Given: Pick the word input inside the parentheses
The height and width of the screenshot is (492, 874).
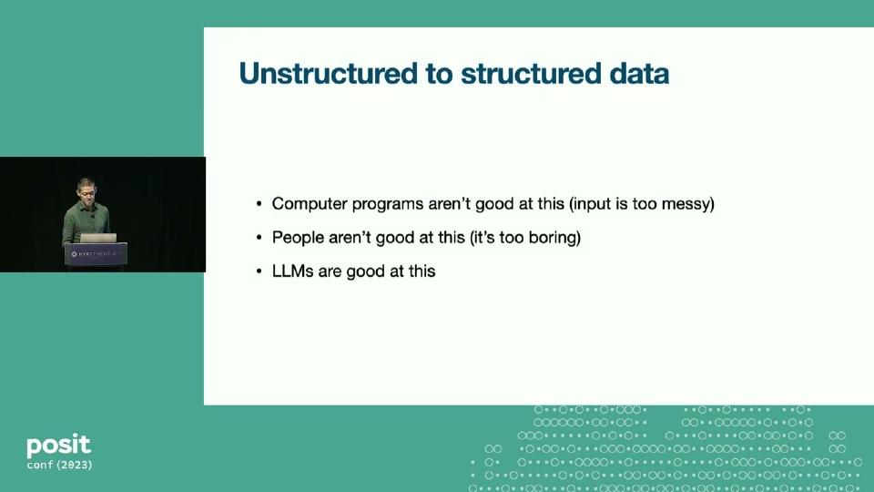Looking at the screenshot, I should coord(594,204).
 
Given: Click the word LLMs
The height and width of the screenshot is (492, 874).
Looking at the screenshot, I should coord(293,272).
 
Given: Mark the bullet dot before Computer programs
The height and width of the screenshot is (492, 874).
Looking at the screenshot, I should coord(259,205).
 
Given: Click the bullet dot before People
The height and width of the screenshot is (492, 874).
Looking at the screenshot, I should coord(259,239).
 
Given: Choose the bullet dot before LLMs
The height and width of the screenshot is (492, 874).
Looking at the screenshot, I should coord(259,272).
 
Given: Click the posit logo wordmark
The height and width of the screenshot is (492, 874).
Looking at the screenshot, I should coord(58,446).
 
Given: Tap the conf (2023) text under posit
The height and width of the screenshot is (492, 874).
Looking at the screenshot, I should coord(59,466).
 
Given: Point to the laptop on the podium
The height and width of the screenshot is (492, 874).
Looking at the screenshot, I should coord(94,239).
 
